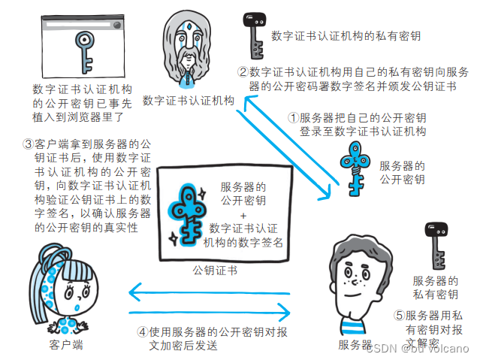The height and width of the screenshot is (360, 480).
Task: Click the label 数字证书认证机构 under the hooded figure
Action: click(x=189, y=100)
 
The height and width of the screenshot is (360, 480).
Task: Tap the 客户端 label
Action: click(x=65, y=345)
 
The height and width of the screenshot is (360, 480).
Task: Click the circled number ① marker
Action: click(x=294, y=118)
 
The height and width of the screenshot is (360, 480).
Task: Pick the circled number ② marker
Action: click(x=243, y=72)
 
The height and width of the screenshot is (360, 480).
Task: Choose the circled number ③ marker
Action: click(x=28, y=143)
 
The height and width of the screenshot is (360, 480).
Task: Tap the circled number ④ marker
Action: click(x=143, y=331)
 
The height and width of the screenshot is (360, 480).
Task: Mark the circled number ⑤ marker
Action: click(x=400, y=316)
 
